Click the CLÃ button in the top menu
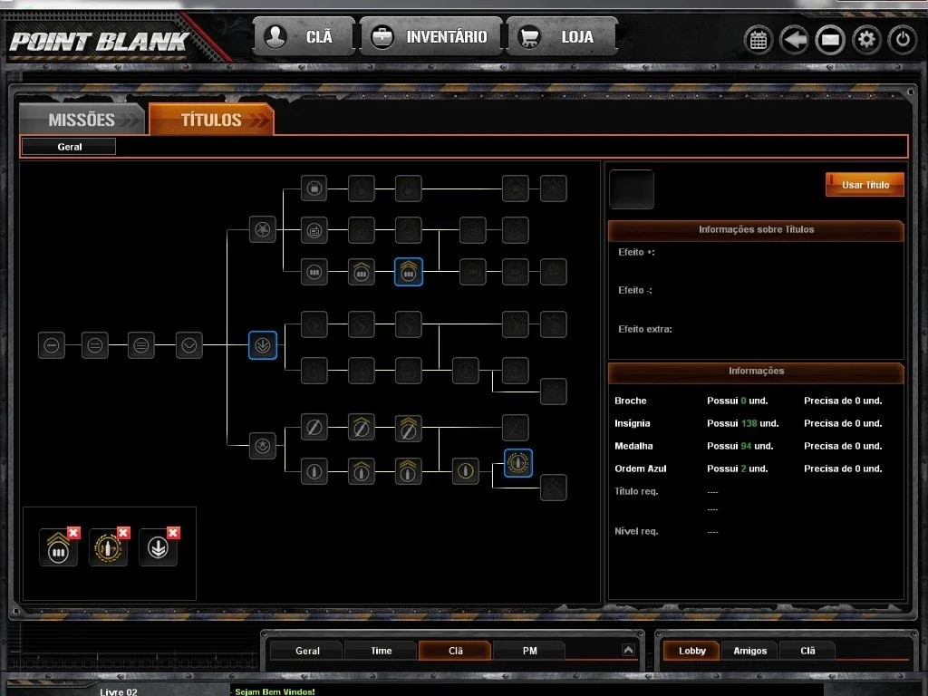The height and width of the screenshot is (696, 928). point(304,36)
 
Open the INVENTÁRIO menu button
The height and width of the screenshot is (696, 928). point(430,36)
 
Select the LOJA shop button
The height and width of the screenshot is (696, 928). point(561,36)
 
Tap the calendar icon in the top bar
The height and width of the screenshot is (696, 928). point(759,40)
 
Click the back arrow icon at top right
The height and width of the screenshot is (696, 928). point(794,40)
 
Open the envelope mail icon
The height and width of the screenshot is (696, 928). point(830,40)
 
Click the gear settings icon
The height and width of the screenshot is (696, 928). point(866,40)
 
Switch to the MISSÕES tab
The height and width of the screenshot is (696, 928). point(82,120)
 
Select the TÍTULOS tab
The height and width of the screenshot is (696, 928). point(211,120)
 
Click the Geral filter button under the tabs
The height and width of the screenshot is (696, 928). point(69,147)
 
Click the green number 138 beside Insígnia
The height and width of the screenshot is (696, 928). point(749,423)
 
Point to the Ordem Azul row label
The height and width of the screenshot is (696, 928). point(641,469)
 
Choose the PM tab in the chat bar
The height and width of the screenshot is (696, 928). point(529,651)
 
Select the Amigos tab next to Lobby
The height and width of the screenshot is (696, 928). point(749,651)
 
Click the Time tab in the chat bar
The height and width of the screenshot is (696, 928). point(382,651)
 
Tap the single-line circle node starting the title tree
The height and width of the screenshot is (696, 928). point(52,345)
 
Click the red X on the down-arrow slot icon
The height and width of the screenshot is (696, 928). point(173,533)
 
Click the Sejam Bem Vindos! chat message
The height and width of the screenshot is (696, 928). point(275,691)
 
